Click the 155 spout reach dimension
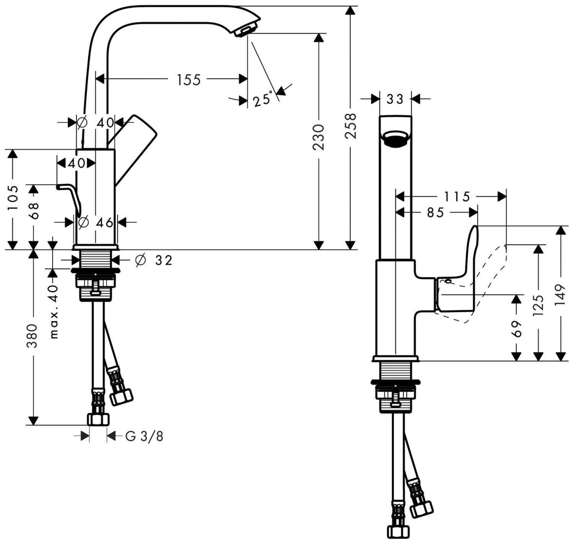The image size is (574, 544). [x=188, y=80]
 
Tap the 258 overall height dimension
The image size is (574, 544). [x=350, y=126]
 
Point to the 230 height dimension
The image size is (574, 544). [x=318, y=137]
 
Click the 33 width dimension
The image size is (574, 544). [x=395, y=99]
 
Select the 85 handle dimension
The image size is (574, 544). [x=435, y=212]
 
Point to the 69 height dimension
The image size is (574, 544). [x=517, y=328]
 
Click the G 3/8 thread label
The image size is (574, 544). [x=144, y=436]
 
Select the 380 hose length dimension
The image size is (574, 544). [x=33, y=336]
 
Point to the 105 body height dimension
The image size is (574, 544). [x=13, y=197]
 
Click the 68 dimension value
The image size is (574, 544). [x=34, y=210]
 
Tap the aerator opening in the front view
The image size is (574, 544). [x=396, y=139]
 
